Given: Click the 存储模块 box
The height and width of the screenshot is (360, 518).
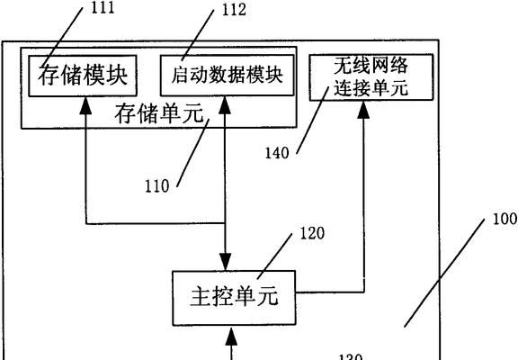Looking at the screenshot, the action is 83,76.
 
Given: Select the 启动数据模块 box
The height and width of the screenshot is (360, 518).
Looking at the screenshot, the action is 228,76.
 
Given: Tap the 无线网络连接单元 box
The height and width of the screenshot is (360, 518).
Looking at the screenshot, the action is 371,77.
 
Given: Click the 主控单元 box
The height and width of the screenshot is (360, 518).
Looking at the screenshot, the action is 234,298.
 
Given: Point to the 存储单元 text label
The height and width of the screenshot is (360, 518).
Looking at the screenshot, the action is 159,113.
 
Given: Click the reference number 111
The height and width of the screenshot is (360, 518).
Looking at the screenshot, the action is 103,7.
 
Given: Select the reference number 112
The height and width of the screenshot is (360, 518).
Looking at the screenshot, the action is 234,10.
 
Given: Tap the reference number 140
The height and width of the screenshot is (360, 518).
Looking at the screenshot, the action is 277,153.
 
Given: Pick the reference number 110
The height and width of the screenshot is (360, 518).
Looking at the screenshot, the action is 156,186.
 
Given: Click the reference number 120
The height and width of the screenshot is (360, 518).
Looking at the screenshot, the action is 312,233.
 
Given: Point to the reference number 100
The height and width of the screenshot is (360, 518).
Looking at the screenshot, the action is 505,219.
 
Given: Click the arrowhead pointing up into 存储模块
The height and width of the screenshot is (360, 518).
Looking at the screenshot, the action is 86,105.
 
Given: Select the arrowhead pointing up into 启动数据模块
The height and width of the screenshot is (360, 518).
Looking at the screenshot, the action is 225,105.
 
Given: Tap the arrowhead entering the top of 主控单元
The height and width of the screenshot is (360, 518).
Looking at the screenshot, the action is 226,262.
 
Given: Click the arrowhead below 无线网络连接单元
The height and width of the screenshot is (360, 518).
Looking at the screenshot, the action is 364,109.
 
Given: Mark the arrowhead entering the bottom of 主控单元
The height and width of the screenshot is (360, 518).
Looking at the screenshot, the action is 231,336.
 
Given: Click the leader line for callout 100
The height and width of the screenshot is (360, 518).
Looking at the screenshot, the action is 444,273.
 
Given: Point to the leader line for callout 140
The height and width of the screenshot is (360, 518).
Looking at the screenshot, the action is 313,121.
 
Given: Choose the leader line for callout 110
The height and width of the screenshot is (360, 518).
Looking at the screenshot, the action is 193,153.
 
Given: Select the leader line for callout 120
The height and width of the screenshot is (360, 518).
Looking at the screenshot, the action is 275,256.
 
